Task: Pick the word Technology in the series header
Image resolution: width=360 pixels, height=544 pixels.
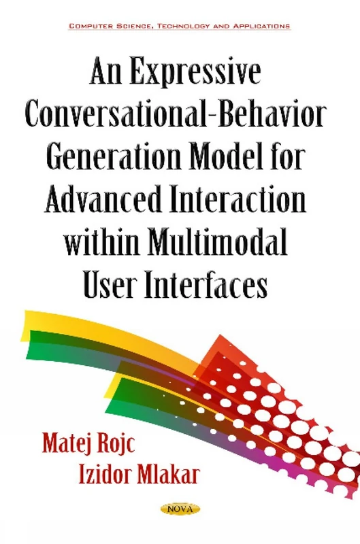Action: [184, 26]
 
